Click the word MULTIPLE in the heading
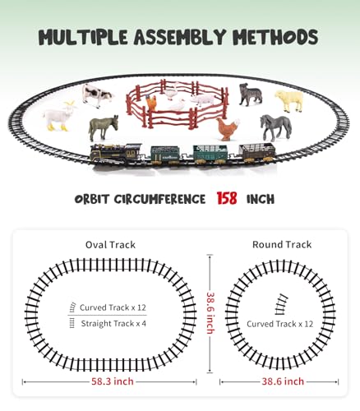click(90, 37)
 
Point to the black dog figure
click(250, 95)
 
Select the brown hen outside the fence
click(228, 129)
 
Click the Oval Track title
click(110, 244)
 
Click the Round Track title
click(281, 244)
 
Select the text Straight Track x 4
click(112, 323)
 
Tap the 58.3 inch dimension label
click(110, 381)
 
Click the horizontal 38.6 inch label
click(281, 381)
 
